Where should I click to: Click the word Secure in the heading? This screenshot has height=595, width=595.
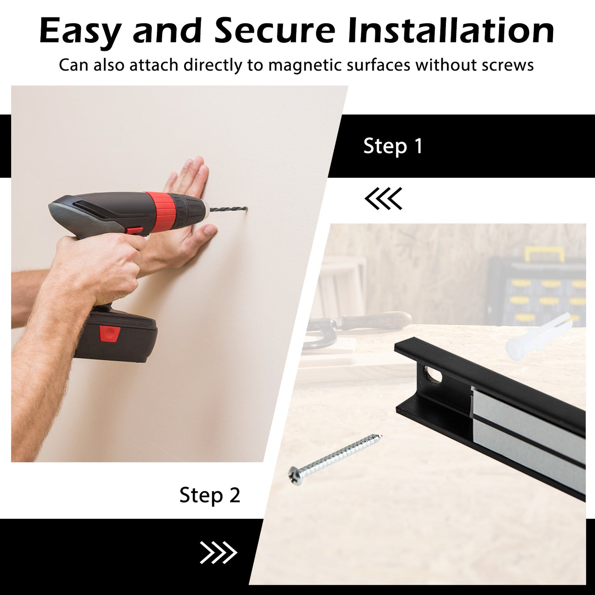pos(275,31)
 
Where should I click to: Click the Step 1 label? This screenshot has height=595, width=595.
pos(393,146)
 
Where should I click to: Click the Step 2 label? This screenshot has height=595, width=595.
pos(210,495)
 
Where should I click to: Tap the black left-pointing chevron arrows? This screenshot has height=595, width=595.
pos(383,198)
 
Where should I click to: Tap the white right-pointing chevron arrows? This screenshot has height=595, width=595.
pos(218,553)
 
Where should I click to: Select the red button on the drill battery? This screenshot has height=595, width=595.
pos(110,334)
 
